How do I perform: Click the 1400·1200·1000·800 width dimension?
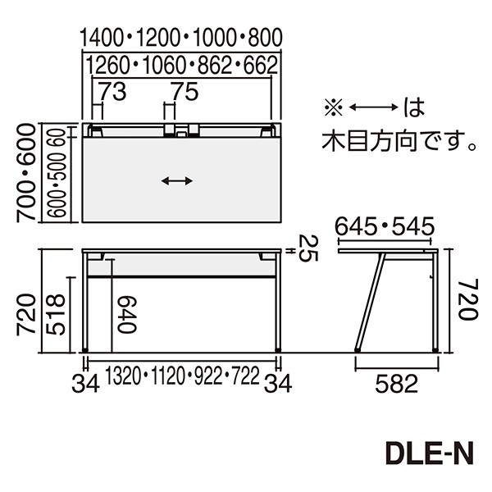click(181, 37)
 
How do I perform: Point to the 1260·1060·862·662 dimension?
click(181, 64)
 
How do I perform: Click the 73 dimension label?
click(115, 93)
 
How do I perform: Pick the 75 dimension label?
click(186, 93)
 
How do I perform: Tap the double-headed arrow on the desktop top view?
click(177, 182)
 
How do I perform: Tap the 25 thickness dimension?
click(306, 249)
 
